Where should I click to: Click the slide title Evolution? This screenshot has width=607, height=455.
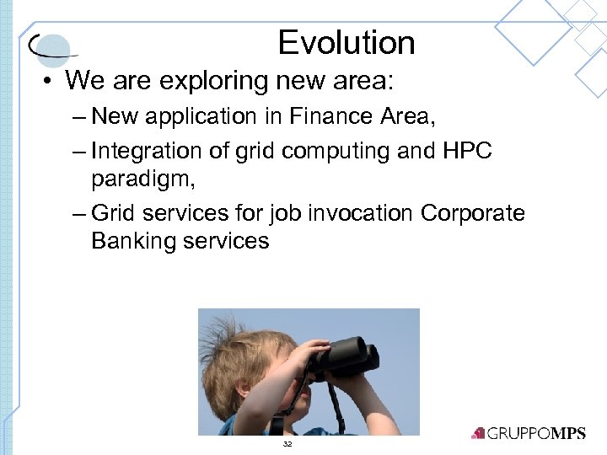click(x=346, y=42)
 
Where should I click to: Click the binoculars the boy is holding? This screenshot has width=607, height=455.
click(x=346, y=353)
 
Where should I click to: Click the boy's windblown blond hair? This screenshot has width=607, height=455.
click(x=236, y=354)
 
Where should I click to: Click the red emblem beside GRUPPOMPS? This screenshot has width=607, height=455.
click(x=478, y=433)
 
